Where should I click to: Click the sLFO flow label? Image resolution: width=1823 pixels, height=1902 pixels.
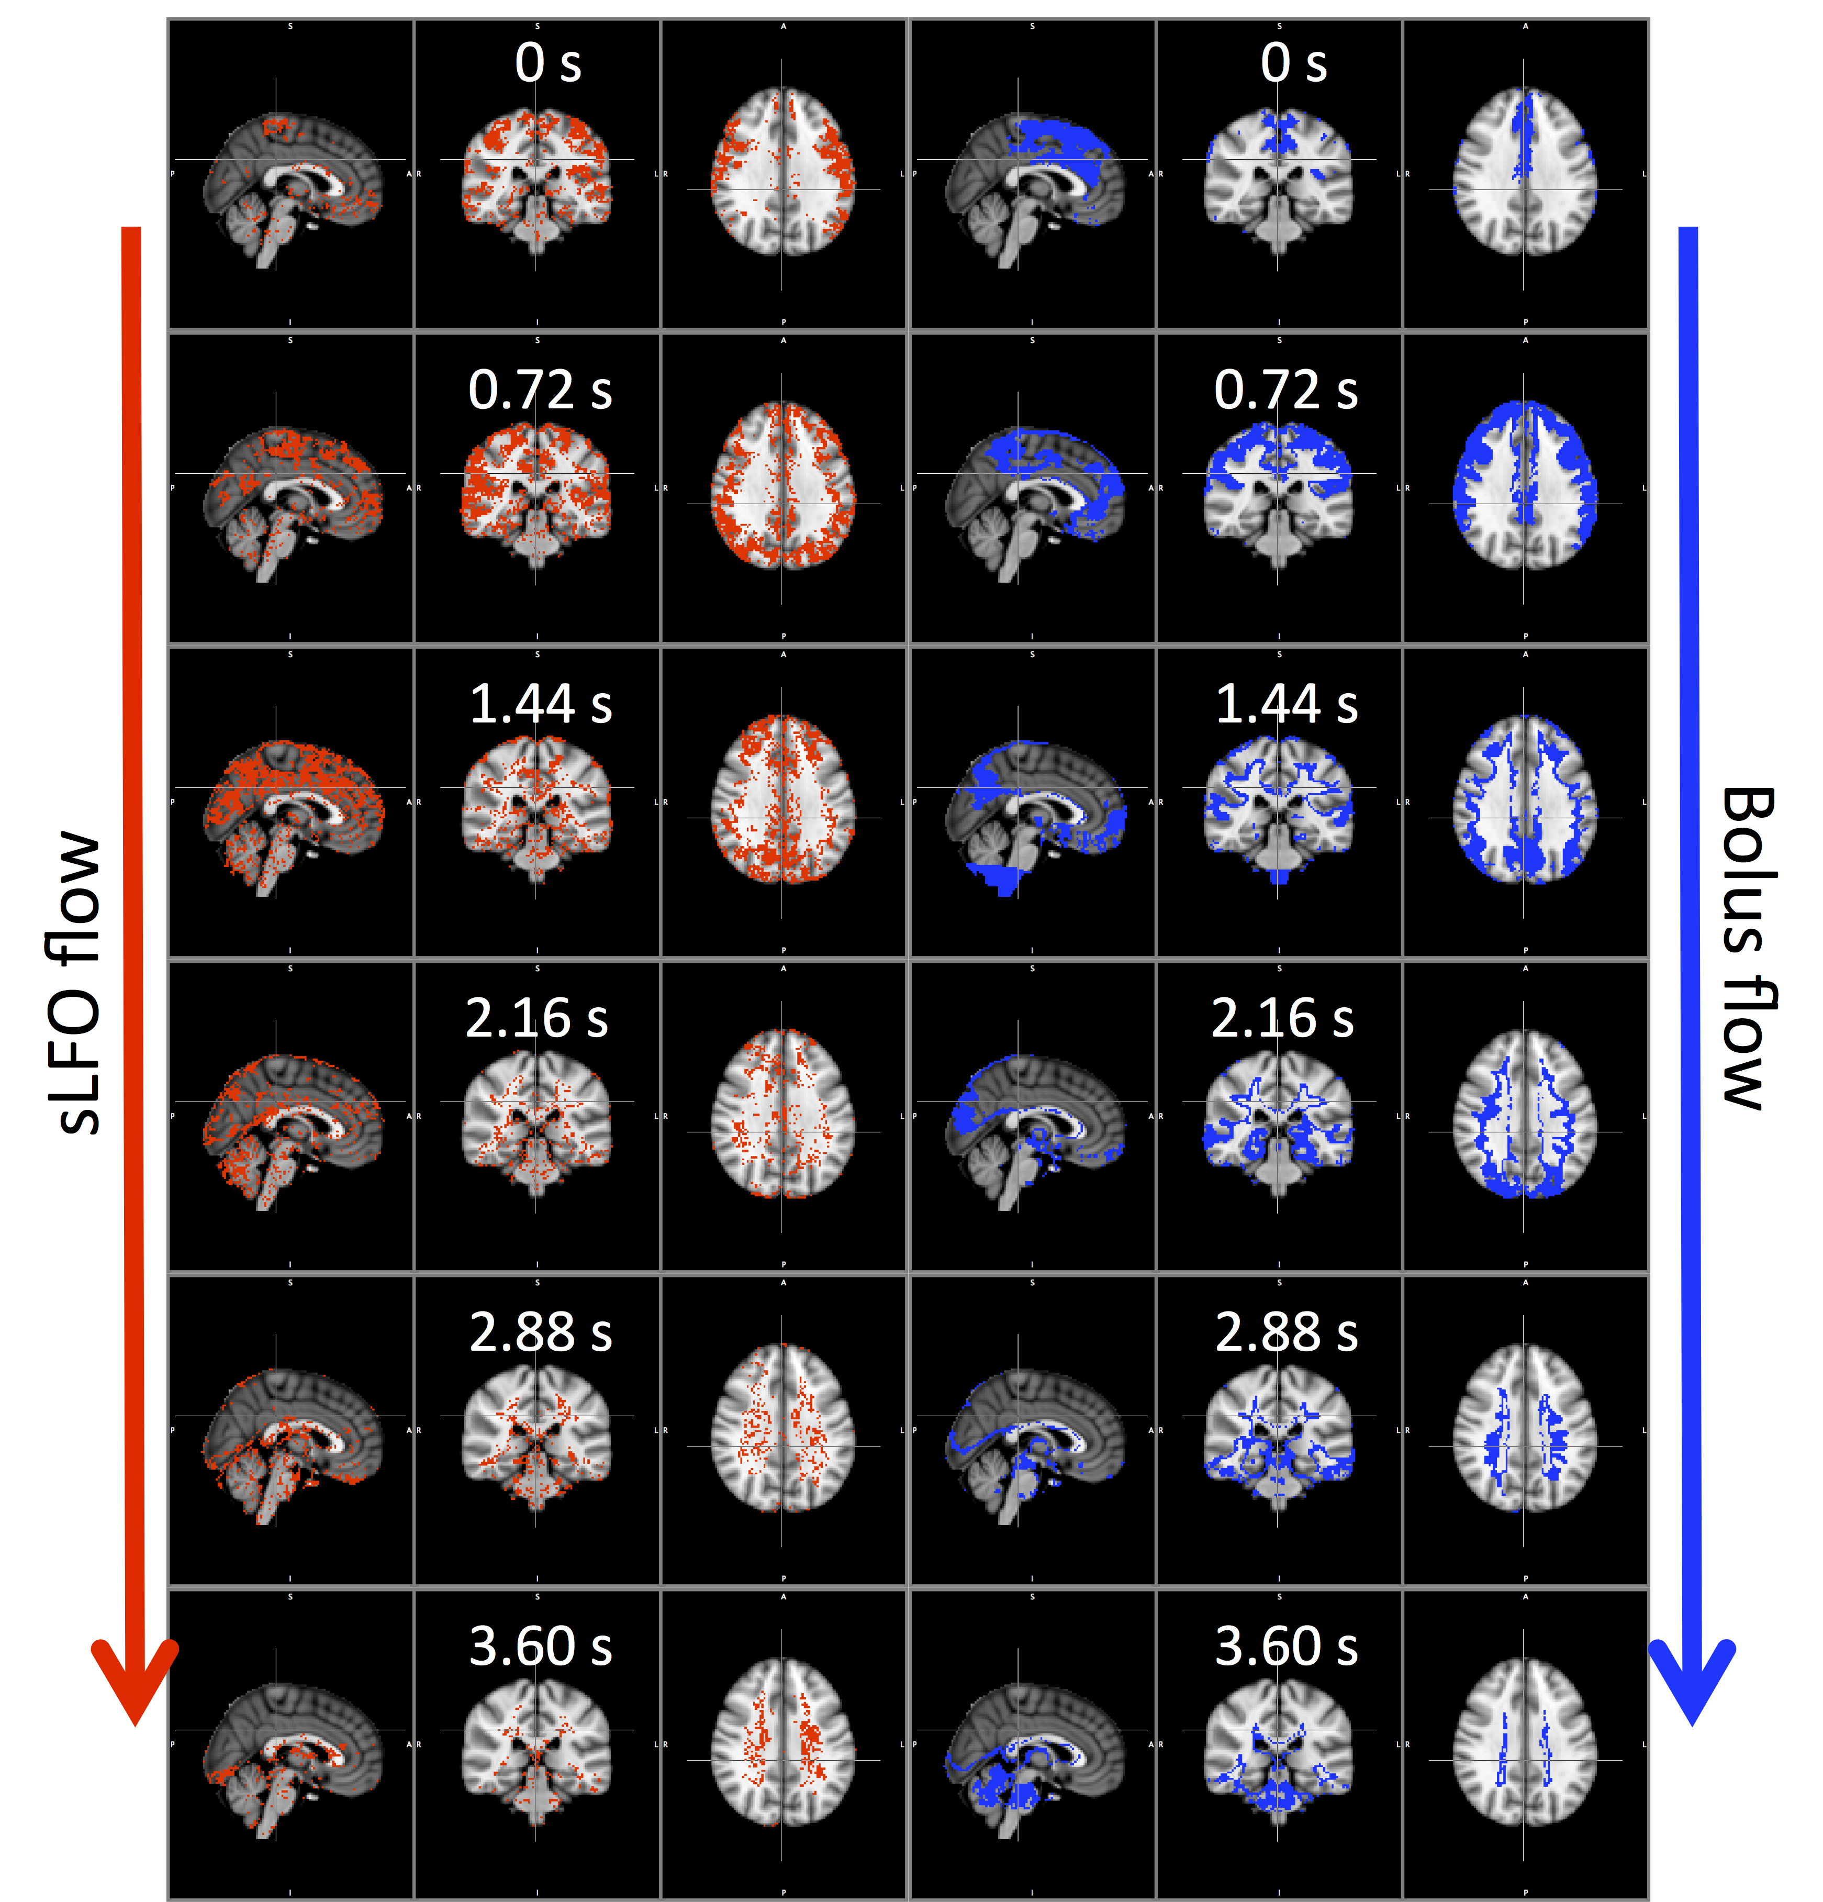pos(76,982)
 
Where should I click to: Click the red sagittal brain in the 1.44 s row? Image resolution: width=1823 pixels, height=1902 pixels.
pos(293,815)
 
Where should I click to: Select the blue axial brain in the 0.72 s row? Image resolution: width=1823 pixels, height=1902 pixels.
pos(1524,485)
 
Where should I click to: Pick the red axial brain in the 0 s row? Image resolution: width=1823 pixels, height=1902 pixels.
pos(783,172)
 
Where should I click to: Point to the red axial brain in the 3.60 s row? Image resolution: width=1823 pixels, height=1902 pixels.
pos(783,1742)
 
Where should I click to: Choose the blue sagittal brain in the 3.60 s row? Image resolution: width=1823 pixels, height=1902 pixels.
pos(1034,1756)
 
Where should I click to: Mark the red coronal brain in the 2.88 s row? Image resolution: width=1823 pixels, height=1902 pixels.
pos(536,1431)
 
